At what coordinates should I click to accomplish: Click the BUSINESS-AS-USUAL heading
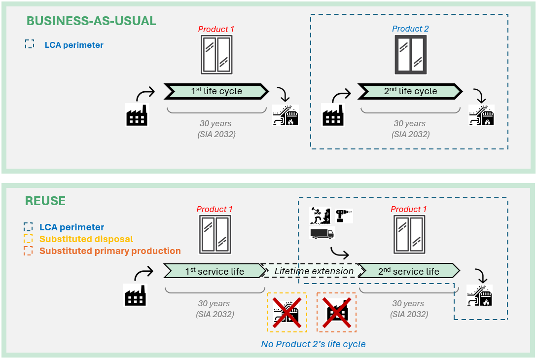[x=91, y=21]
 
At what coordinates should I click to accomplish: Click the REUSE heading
[x=45, y=201]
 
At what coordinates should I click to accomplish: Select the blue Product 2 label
[x=410, y=29]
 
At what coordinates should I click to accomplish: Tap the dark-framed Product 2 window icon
[x=410, y=54]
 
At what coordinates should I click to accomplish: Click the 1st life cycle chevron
[x=217, y=91]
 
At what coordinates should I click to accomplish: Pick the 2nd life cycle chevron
[x=410, y=91]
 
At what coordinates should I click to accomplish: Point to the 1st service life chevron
[x=215, y=271]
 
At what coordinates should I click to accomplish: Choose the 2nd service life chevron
[x=408, y=271]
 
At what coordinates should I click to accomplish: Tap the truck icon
[x=322, y=233]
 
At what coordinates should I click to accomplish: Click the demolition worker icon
[x=319, y=216]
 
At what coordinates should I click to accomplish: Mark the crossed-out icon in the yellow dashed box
[x=287, y=313]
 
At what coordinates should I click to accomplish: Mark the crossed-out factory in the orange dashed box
[x=336, y=313]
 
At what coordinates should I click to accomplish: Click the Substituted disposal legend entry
[x=86, y=239]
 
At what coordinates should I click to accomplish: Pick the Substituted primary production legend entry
[x=110, y=251]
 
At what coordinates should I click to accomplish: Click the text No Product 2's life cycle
[x=313, y=344]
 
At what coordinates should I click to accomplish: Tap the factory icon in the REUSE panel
[x=136, y=295]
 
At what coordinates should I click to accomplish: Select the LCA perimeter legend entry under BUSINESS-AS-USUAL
[x=74, y=45]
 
